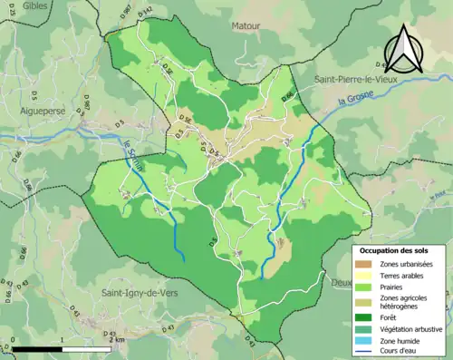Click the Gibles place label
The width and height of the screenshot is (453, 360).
coord(35,7)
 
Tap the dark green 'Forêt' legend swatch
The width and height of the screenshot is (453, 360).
coord(363,316)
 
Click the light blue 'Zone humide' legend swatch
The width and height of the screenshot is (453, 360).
coord(363,342)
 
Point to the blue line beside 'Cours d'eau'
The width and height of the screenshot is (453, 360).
coord(363,354)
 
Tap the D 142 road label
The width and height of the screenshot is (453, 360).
coord(147,11)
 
